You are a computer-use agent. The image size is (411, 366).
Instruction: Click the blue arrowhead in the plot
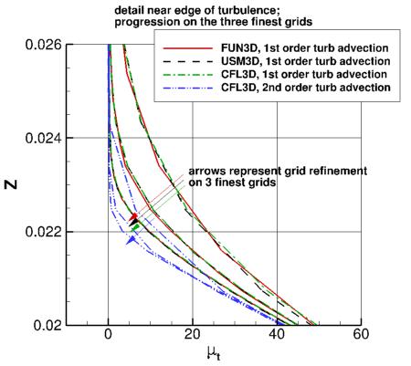pos(132,238)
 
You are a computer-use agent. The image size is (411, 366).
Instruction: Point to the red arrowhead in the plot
pos(133,216)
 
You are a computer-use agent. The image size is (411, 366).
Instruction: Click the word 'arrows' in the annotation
pos(206,172)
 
